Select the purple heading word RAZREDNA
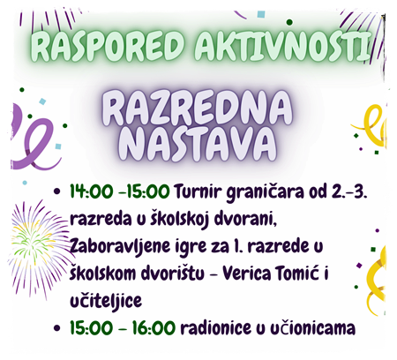(197, 109)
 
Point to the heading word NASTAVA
(198, 145)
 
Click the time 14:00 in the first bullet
(92, 191)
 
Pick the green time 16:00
(154, 327)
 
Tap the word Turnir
(198, 191)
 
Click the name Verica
(246, 274)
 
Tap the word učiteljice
(106, 301)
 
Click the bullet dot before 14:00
(57, 192)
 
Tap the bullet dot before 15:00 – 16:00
(57, 328)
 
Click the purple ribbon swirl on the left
(33, 139)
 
